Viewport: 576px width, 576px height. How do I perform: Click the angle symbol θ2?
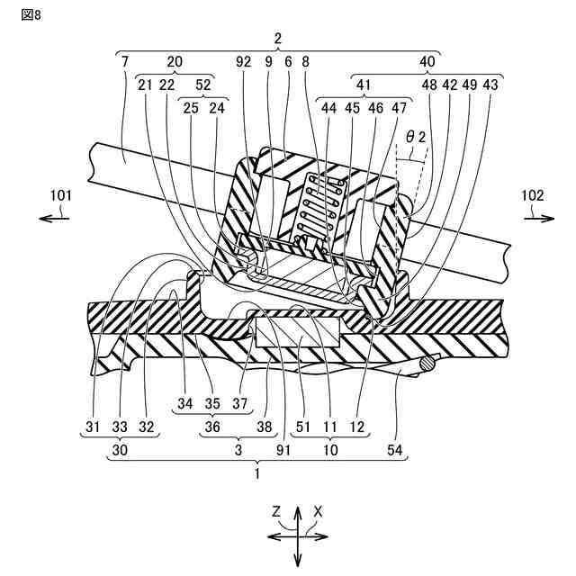pyautogui.click(x=415, y=138)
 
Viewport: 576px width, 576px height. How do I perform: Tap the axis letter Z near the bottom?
pyautogui.click(x=279, y=511)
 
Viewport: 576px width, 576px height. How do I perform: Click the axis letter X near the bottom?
pyautogui.click(x=318, y=511)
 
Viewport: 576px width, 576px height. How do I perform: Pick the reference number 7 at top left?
pyautogui.click(x=123, y=62)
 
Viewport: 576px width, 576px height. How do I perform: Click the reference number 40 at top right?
pyautogui.click(x=427, y=62)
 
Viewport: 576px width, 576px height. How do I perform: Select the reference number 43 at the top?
pyautogui.click(x=490, y=85)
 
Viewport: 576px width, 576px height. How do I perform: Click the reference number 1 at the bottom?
pyautogui.click(x=257, y=470)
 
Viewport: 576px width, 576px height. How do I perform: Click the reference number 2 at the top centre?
pyautogui.click(x=278, y=39)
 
